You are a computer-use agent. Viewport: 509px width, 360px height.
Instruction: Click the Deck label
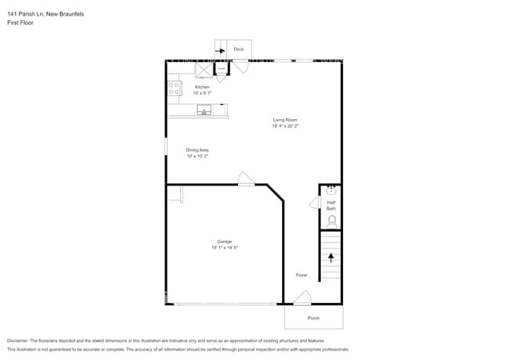(x=239, y=49)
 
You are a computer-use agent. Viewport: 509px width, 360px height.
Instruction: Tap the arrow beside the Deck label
(x=221, y=49)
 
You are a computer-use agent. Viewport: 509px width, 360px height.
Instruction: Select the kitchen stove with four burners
(x=174, y=88)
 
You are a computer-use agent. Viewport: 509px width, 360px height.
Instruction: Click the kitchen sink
(x=204, y=110)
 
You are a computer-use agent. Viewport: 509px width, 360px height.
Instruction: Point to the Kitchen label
(x=202, y=87)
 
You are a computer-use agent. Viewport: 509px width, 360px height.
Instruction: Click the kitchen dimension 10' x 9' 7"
(x=202, y=93)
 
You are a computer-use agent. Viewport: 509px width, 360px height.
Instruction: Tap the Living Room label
(x=285, y=120)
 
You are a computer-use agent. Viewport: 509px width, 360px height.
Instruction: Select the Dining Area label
(x=197, y=149)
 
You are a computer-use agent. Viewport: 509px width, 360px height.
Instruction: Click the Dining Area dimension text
(x=197, y=156)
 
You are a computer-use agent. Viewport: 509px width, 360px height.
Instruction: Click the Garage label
(x=224, y=241)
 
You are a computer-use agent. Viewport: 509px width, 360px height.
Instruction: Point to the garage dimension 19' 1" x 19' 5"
(x=224, y=247)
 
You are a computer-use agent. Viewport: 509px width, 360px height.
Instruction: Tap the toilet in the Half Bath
(x=331, y=221)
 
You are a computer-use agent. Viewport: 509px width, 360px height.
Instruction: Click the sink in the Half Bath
(x=331, y=190)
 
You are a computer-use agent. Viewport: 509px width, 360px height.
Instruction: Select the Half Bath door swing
(x=315, y=203)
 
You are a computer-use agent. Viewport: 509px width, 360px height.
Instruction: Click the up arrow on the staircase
(x=331, y=257)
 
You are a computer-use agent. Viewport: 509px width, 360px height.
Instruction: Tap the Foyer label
(x=301, y=275)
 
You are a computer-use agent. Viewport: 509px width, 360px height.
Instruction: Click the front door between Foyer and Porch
(x=302, y=298)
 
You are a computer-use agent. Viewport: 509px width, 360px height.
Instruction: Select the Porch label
(x=313, y=318)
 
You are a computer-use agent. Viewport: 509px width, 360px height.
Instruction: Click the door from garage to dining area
(x=246, y=179)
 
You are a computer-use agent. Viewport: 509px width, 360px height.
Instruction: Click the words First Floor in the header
(x=20, y=23)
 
